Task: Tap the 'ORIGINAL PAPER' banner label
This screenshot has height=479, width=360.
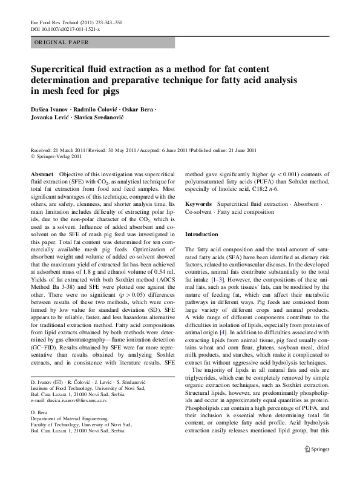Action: (x=61, y=42)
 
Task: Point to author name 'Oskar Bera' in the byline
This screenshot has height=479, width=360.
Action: (x=137, y=109)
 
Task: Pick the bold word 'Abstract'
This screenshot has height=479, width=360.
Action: (x=42, y=173)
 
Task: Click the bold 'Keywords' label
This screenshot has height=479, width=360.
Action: (x=198, y=205)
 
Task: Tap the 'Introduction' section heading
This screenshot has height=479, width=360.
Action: (x=201, y=234)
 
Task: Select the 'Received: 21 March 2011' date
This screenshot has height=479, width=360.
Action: (x=56, y=150)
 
